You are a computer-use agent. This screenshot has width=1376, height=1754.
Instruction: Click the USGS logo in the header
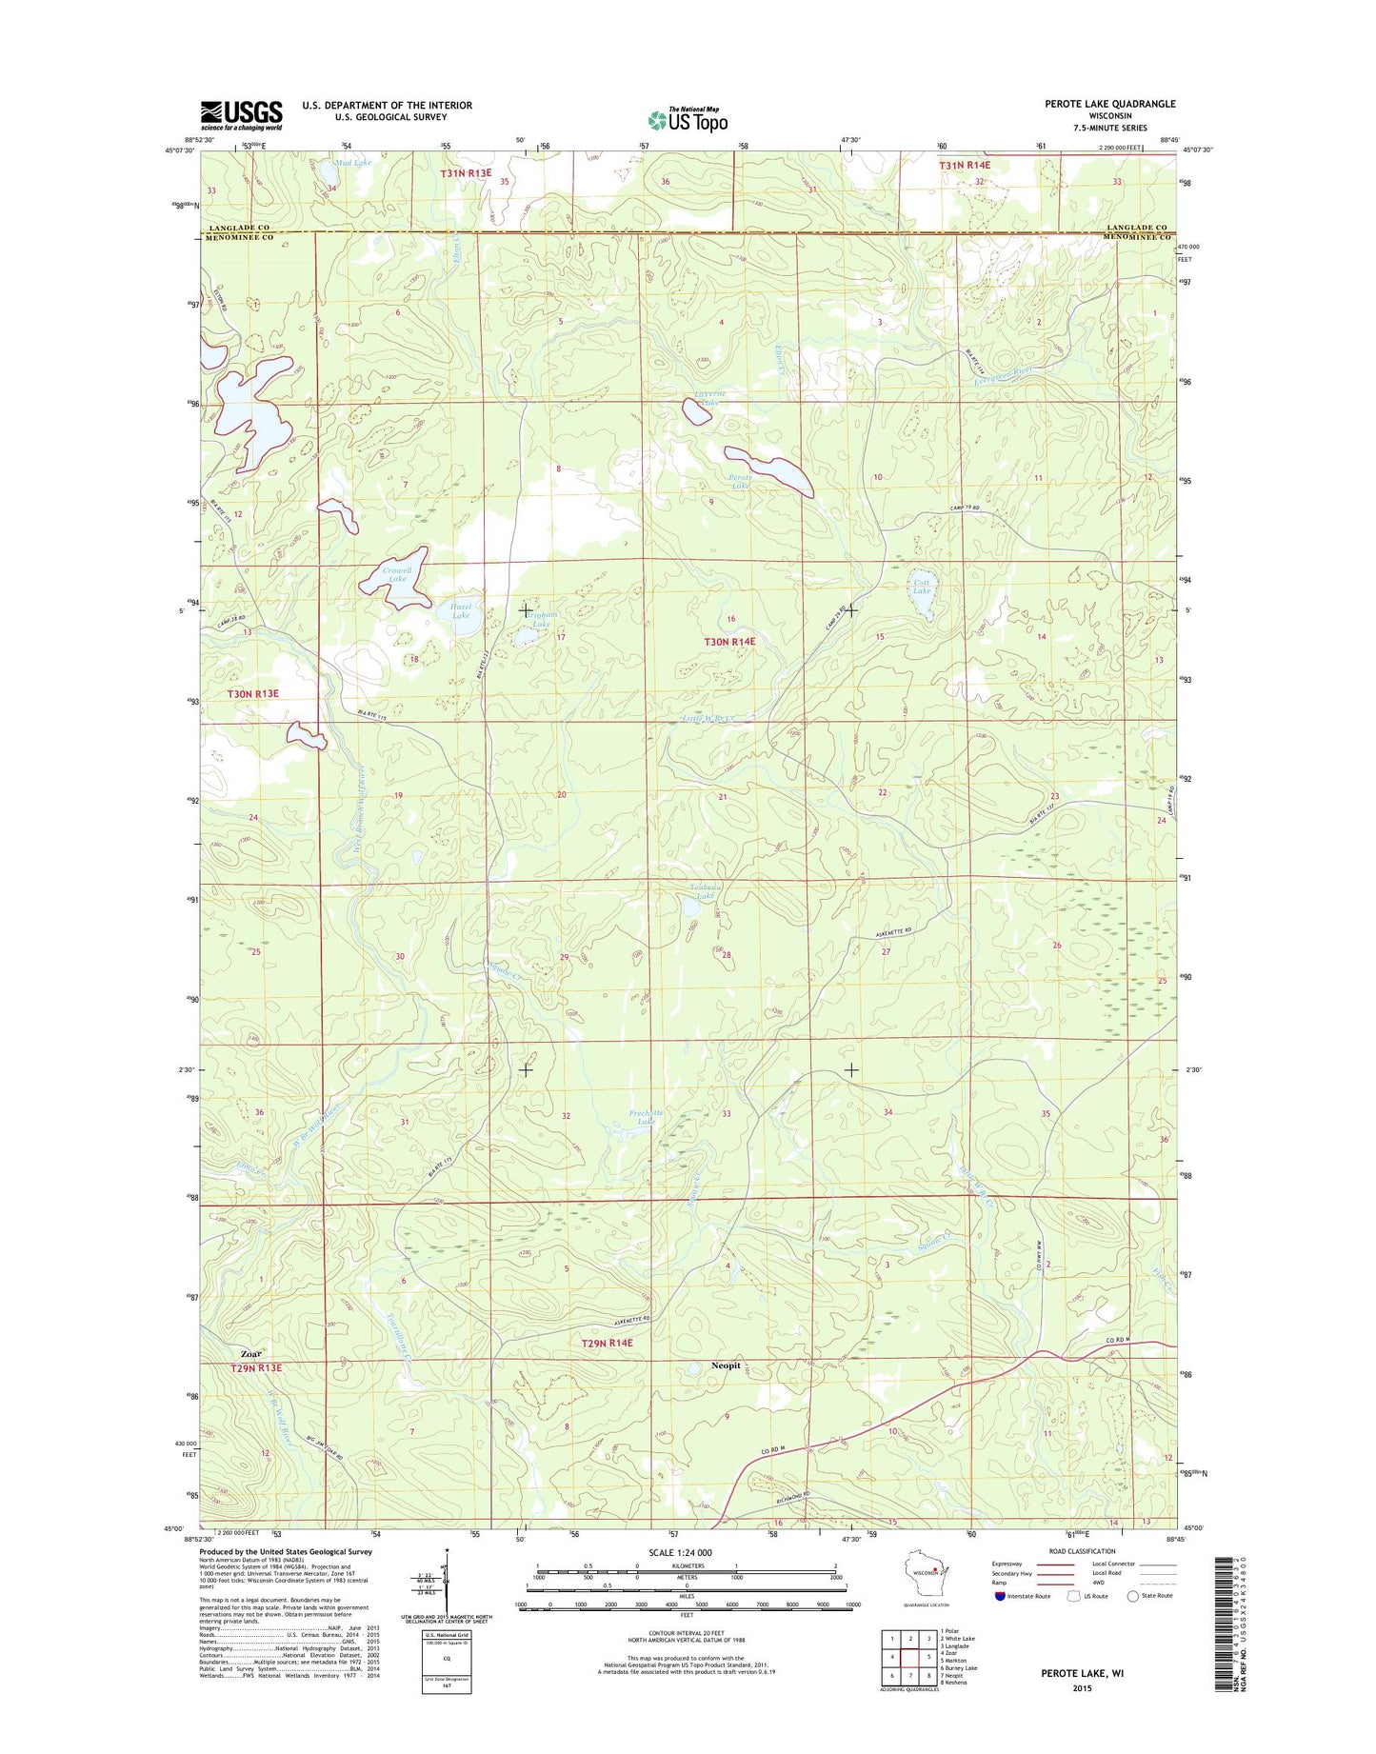(x=241, y=115)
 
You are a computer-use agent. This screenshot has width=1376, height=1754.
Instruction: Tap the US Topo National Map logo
(x=688, y=119)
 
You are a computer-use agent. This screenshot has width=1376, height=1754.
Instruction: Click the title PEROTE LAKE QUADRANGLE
(x=1109, y=104)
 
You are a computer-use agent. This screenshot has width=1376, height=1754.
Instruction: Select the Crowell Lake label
(x=397, y=574)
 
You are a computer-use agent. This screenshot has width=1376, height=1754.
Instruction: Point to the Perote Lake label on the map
(x=740, y=481)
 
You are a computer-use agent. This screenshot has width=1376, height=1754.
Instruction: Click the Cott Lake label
(x=922, y=587)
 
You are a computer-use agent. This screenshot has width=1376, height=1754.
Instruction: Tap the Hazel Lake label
(x=461, y=610)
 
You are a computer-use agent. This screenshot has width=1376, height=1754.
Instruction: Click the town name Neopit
(x=726, y=1365)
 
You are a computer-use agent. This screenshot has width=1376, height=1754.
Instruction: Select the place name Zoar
(x=250, y=1353)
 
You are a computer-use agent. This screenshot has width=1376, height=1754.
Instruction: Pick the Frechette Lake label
(x=646, y=1117)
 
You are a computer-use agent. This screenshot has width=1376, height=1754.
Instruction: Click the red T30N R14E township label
(x=729, y=643)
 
